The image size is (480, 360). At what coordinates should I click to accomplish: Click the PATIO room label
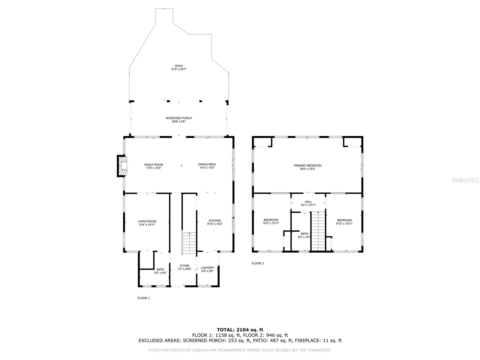pos(179,66)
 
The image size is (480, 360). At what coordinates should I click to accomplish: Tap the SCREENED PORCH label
pos(179,118)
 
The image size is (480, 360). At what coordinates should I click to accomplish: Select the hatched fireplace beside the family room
pos(122,166)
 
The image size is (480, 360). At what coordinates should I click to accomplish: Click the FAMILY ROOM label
pos(154,165)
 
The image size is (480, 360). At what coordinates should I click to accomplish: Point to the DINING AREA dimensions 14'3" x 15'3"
pos(207,168)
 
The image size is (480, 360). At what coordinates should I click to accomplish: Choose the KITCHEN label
pos(215,220)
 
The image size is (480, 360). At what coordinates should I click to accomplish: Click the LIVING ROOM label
pos(147,221)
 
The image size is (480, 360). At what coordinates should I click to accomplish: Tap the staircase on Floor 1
pos(189,243)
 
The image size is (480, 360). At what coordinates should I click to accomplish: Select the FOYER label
pos(184,266)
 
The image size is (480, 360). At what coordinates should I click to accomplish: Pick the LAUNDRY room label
pos(207,268)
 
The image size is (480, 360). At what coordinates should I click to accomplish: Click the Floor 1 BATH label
pos(160,269)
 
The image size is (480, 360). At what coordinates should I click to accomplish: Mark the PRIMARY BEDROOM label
pos(307,166)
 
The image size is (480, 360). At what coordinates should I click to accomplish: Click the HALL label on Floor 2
pos(308,202)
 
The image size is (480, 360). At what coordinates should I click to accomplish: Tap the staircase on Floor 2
pos(318,231)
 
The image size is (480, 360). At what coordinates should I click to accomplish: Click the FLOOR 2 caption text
pos(258,263)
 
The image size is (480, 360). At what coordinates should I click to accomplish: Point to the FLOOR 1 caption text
pos(144,298)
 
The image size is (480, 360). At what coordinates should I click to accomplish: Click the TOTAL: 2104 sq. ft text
pos(240,330)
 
